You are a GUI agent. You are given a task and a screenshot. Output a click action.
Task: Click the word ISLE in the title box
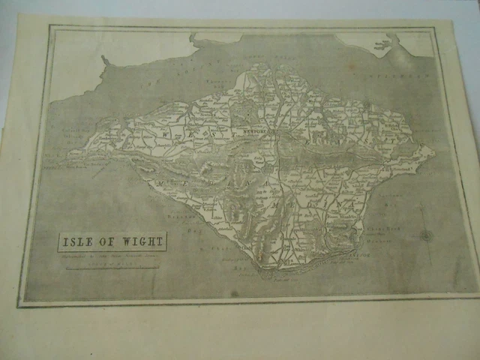80,242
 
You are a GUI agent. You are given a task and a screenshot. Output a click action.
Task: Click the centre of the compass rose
427,235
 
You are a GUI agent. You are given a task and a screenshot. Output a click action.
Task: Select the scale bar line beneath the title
112,266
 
